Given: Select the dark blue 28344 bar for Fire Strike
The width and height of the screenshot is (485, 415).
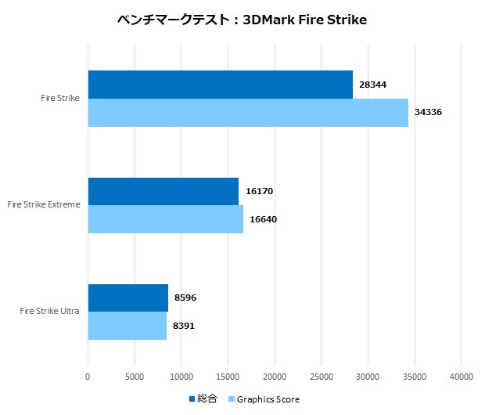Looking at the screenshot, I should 220,85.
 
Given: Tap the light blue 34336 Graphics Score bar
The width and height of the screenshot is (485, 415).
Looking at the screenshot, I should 248,113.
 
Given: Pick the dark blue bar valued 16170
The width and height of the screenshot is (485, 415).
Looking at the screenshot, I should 163,191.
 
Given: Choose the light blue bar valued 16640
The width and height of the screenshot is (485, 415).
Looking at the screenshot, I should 165,219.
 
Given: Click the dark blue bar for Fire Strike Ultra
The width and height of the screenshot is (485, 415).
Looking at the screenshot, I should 128,298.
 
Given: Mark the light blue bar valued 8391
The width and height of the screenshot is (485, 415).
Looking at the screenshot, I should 127,326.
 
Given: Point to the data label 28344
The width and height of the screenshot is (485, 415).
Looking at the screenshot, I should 372,85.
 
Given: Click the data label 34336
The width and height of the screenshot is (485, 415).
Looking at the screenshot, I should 429,113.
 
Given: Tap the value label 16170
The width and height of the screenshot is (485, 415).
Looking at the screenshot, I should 259,191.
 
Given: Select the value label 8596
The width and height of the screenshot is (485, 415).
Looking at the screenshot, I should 186,298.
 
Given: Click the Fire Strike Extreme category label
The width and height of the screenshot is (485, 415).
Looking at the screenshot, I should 44,205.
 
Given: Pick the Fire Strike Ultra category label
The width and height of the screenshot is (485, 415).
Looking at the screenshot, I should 50,312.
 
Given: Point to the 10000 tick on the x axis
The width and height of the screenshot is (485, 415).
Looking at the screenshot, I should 181,377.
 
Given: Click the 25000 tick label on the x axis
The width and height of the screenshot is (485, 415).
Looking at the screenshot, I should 321,377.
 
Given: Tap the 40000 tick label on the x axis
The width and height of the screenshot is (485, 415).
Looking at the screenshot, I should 461,377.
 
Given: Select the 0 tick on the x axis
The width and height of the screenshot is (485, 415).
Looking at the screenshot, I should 88,377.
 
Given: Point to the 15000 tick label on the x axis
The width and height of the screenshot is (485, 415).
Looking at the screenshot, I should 228,377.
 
